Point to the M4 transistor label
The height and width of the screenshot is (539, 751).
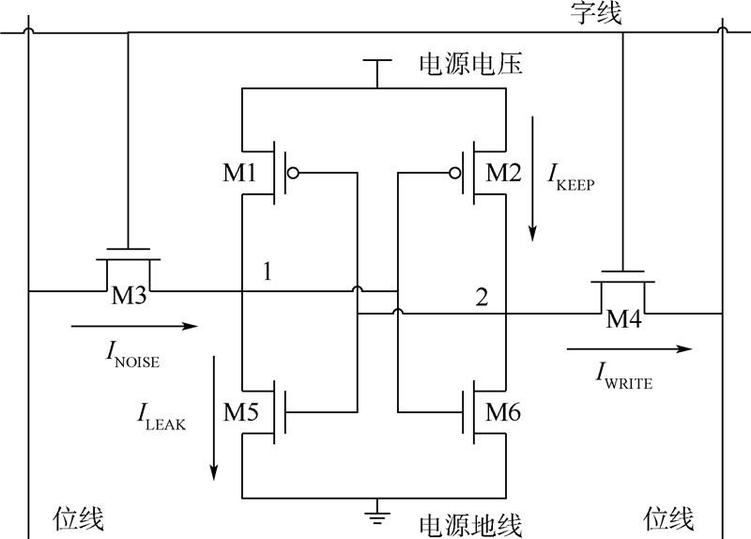click(623, 319)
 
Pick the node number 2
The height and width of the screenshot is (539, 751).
click(482, 299)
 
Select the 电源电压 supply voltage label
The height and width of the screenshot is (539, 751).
click(469, 66)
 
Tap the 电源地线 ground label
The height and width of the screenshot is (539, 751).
click(469, 523)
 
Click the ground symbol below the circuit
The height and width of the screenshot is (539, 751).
click(376, 514)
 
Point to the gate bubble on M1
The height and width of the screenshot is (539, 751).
click(294, 173)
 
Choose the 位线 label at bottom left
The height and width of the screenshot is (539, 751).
click(79, 518)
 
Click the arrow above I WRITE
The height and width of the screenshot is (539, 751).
click(629, 348)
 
